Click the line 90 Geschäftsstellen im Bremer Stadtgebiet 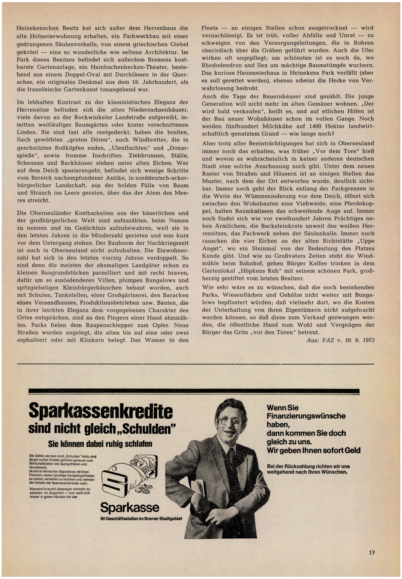pos(141,519)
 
